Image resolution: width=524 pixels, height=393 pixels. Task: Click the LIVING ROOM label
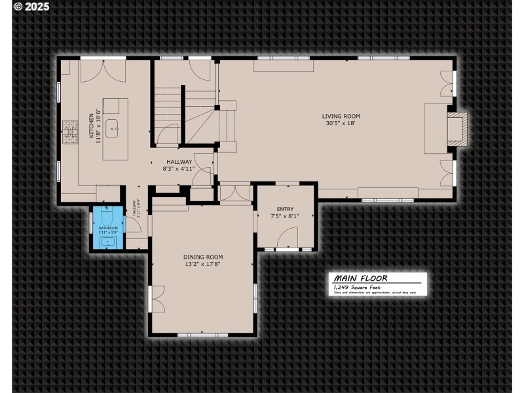[341, 116]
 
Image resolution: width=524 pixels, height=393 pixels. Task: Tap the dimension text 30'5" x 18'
[341, 122]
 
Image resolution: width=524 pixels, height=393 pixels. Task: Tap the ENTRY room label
[285, 210]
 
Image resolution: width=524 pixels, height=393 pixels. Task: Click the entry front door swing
[288, 237]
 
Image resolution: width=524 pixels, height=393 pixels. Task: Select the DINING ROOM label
[203, 257]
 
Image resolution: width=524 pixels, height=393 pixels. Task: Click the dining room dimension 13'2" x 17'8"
[203, 264]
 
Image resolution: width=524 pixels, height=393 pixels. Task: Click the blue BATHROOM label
[107, 227]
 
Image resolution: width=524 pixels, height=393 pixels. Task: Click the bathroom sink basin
[107, 242]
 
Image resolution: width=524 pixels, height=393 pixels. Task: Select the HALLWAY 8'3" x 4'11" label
[179, 165]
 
